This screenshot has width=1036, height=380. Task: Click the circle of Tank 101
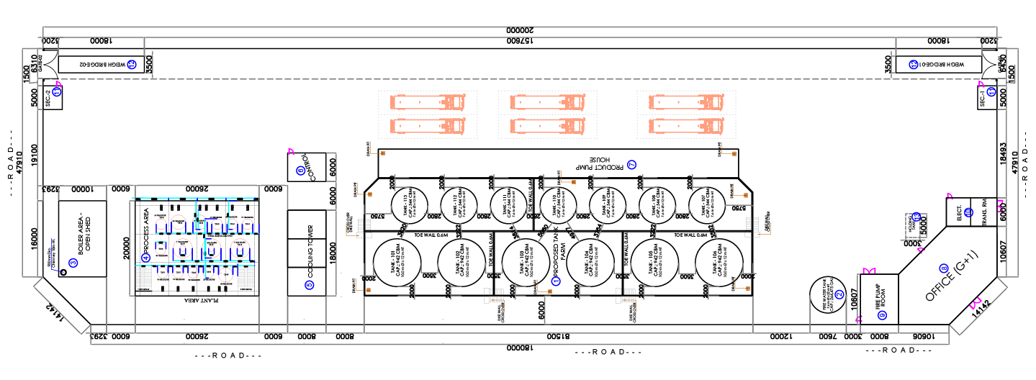point(400,261)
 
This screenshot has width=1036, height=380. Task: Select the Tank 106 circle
point(721,261)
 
